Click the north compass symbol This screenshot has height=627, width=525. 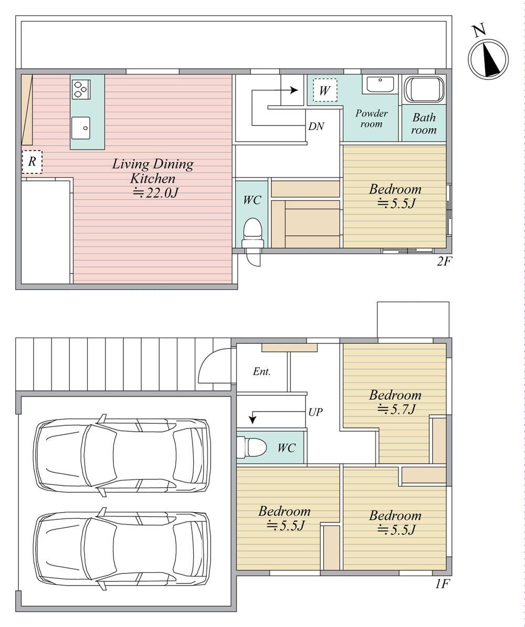pyautogui.click(x=488, y=58)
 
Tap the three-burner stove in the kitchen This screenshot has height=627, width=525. pyautogui.click(x=81, y=89)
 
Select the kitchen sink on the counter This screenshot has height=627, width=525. pyautogui.click(x=81, y=128)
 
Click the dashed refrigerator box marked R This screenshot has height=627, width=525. pyautogui.click(x=31, y=162)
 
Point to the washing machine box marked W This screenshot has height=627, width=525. pyautogui.click(x=324, y=90)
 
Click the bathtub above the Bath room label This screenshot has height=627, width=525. pyautogui.click(x=424, y=90)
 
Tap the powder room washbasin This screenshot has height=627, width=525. pyautogui.click(x=380, y=85)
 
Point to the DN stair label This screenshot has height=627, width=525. pyautogui.click(x=316, y=127)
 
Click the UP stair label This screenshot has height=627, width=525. pyautogui.click(x=315, y=412)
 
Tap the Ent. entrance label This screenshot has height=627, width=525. pyautogui.click(x=262, y=371)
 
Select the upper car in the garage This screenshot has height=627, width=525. pyautogui.click(x=123, y=455)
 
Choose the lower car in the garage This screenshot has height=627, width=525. pyautogui.click(x=123, y=549)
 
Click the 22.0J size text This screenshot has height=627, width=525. pyautogui.click(x=155, y=193)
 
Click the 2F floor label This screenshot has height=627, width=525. pyautogui.click(x=444, y=262)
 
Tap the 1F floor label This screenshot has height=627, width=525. pyautogui.click(x=443, y=584)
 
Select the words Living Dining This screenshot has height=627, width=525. pyautogui.click(x=153, y=164)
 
